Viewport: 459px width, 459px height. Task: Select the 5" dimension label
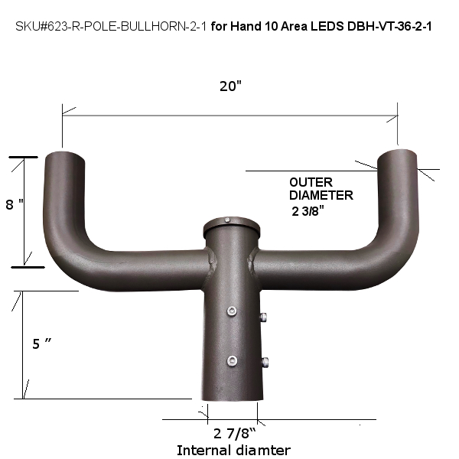click(x=42, y=344)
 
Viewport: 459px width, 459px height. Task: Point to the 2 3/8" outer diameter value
click(x=314, y=212)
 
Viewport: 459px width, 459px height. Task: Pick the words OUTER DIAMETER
click(x=321, y=189)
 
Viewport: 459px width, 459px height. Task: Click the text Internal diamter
click(x=233, y=451)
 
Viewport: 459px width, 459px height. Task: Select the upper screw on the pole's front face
click(x=231, y=311)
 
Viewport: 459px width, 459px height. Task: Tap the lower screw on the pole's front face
click(x=231, y=360)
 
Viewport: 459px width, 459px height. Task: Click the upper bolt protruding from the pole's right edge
click(x=263, y=317)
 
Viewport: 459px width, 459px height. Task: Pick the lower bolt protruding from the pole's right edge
click(x=263, y=363)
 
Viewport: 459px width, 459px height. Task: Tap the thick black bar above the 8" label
click(x=24, y=158)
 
